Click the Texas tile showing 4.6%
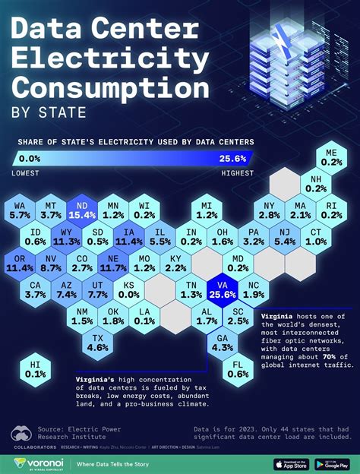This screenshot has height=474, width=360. click(x=98, y=341)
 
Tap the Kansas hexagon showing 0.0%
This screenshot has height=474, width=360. click(x=130, y=289)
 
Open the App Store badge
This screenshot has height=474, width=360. click(x=287, y=463)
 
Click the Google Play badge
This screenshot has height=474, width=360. click(x=333, y=463)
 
